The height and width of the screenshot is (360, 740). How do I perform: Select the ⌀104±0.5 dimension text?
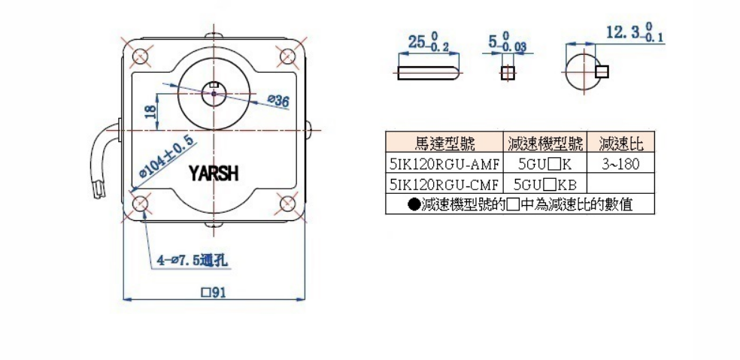point(160,159)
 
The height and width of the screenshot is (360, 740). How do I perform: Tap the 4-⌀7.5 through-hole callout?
point(193,261)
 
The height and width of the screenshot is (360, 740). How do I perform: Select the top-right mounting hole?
point(287,56)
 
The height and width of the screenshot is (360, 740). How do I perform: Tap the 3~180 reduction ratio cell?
point(620,163)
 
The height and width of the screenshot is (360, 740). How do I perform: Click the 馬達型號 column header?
point(443,143)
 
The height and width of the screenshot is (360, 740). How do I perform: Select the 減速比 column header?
point(620,143)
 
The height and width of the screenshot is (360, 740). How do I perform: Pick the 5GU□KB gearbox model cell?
point(543,183)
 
